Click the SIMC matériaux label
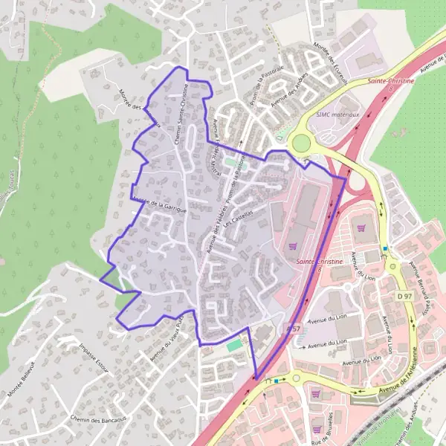(338, 115)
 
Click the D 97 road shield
(404, 297)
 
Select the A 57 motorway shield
(293, 328)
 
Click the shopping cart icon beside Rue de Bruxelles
(317, 395)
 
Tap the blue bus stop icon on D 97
(385, 248)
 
